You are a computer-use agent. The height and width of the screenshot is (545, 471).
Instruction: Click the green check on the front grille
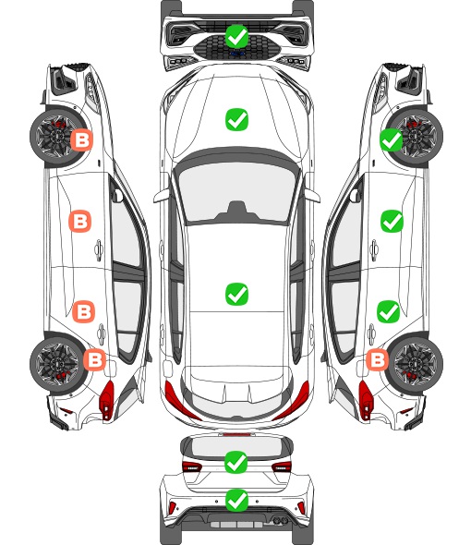[x=236, y=36]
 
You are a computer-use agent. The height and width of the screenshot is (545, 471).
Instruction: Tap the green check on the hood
[x=236, y=119]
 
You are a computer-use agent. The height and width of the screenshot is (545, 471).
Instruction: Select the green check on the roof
[x=236, y=294]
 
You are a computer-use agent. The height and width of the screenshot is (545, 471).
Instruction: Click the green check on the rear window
[x=236, y=462]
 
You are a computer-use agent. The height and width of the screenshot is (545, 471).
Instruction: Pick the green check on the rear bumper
[x=236, y=500]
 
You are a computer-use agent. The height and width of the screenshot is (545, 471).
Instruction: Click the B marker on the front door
[x=80, y=221]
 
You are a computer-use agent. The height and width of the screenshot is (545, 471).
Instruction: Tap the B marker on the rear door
[x=83, y=311]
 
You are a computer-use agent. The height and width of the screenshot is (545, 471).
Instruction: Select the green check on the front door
[x=392, y=221]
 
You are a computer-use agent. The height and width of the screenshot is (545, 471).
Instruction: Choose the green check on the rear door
[x=388, y=311]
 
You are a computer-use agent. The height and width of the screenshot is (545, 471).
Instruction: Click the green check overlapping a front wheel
[x=391, y=139]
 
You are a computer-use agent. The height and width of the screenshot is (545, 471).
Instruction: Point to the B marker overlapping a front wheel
[x=82, y=140]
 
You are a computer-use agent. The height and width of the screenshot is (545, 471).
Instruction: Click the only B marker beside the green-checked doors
[x=377, y=359]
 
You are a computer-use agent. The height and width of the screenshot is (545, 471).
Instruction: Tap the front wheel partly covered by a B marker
[x=55, y=138]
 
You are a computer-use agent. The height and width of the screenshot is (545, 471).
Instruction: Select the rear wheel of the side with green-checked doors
[x=416, y=363]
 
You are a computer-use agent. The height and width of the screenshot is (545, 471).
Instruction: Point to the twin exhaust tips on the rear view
[x=279, y=520]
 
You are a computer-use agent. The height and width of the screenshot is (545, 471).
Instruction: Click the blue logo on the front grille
[x=237, y=54]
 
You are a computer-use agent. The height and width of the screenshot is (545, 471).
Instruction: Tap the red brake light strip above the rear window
[x=236, y=434]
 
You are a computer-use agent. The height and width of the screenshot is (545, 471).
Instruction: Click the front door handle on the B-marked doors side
[x=99, y=249]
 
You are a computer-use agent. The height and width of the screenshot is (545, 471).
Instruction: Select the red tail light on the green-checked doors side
[x=365, y=400]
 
